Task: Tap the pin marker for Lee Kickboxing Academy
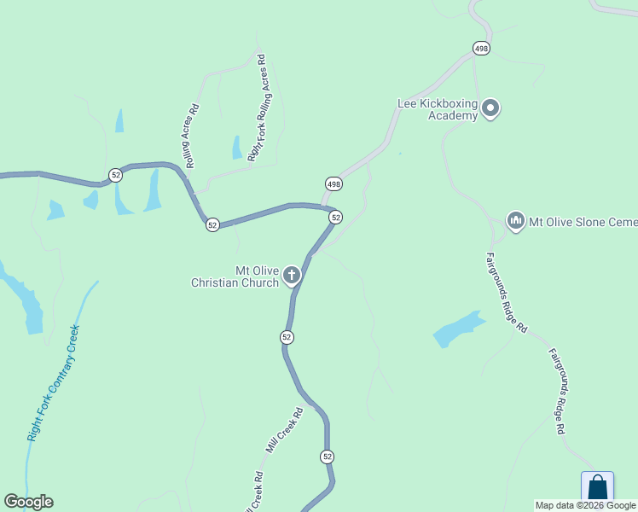[490, 108]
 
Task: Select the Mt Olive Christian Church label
[235, 276]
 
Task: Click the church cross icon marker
[292, 275]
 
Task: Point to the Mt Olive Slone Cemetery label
[583, 222]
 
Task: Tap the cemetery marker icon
[515, 222]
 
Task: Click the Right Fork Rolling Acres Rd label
[257, 108]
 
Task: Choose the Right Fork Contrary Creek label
[53, 381]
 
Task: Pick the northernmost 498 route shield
[482, 49]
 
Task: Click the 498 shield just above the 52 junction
[333, 184]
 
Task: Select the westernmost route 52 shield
[115, 175]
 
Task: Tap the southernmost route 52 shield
[328, 457]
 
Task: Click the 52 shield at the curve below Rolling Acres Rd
[212, 224]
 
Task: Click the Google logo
[28, 502]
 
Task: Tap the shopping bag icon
[597, 490]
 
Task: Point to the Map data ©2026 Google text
[585, 505]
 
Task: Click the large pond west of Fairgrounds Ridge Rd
[457, 329]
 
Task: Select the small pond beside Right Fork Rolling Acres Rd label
[236, 148]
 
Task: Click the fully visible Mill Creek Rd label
[284, 430]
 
